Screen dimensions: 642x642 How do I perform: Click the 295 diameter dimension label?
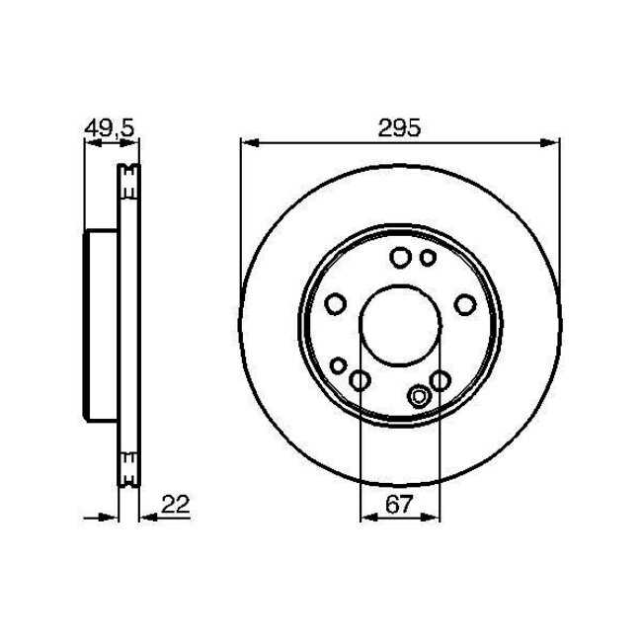(399, 127)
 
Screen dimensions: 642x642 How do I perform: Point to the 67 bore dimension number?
(399, 505)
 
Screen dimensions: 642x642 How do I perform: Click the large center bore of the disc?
(399, 331)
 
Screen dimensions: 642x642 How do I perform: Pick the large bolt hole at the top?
(400, 258)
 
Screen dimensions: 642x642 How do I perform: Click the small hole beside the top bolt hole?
(428, 258)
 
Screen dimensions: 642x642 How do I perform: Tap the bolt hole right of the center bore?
(463, 305)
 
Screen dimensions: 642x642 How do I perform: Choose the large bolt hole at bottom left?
(360, 380)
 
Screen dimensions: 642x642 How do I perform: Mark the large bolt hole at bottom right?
(440, 380)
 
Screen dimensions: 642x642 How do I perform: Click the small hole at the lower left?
(338, 366)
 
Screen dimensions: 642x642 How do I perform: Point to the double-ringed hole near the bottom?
(418, 397)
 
